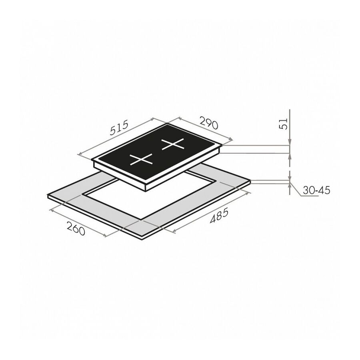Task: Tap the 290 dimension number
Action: (208, 123)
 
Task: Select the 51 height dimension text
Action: (284, 124)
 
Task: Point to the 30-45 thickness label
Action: (316, 190)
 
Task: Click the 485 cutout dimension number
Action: (219, 215)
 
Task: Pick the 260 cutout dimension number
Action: (76, 228)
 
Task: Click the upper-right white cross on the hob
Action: (173, 144)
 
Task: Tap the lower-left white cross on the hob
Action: (141, 159)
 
